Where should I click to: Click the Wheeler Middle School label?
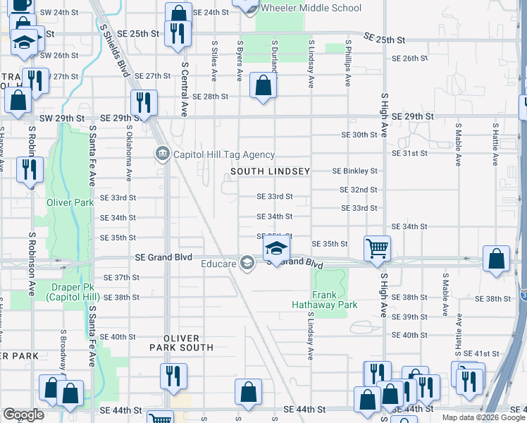[x=311, y=8]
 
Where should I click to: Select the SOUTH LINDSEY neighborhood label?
[x=271, y=171]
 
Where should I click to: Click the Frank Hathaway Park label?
[x=325, y=300]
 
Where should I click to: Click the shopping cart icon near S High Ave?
[x=378, y=247]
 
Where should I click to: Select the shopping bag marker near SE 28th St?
[x=263, y=86]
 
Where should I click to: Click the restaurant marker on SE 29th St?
[x=144, y=102]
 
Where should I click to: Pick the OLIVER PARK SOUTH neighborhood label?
[x=181, y=343]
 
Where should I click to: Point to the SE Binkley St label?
[x=355, y=171]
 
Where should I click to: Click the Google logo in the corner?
[x=23, y=415]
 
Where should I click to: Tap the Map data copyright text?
[x=483, y=417]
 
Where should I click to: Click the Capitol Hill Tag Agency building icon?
[x=162, y=154]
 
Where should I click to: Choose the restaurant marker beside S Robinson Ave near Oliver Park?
[x=30, y=169]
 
